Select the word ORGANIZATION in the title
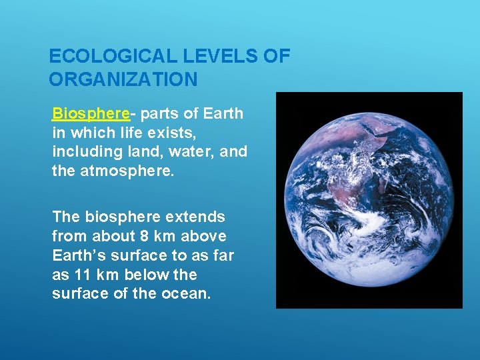pos(123,80)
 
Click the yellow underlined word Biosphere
pos(81,113)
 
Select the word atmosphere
pos(127,171)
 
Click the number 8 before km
pos(145,237)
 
